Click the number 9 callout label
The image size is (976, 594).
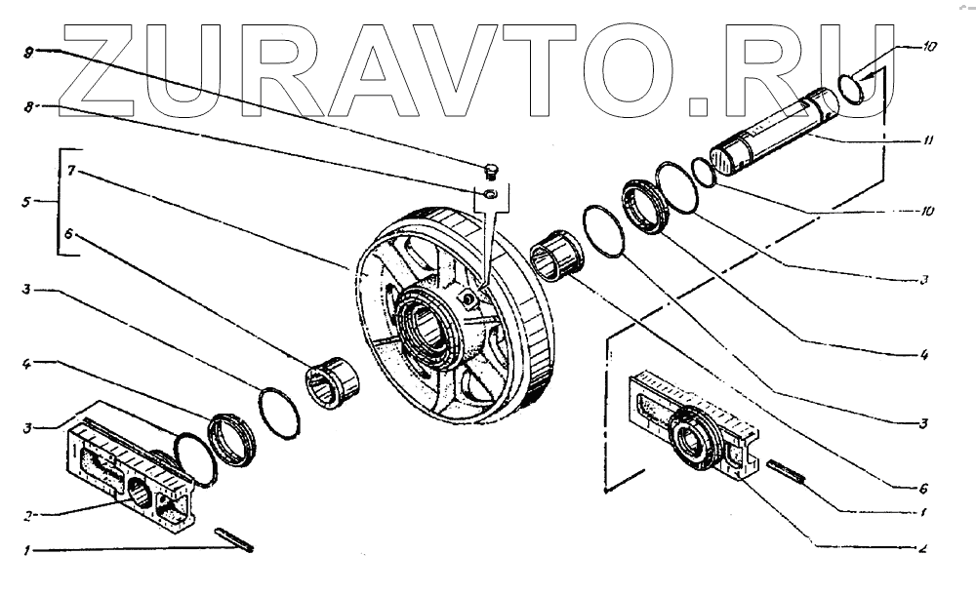coord(28,48)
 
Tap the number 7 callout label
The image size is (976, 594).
coord(71,170)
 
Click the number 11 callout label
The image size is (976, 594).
coord(928,140)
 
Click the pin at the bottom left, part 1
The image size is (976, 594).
coord(233,538)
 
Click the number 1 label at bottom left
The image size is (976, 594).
coord(28,551)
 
